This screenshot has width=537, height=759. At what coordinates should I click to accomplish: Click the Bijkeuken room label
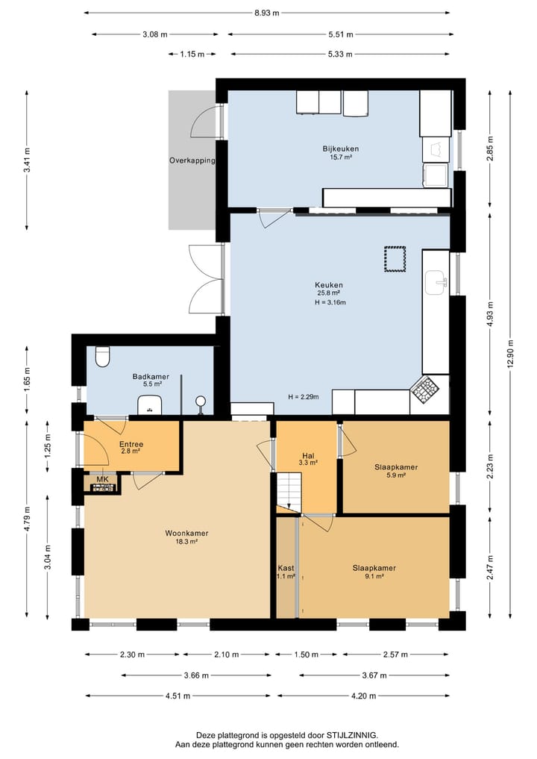341,149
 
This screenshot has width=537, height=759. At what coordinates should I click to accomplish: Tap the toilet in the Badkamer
103,356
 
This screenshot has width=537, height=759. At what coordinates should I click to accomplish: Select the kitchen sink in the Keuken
436,283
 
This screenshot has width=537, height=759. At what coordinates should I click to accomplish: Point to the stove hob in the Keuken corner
425,389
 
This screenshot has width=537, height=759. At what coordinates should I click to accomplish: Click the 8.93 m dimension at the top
266,13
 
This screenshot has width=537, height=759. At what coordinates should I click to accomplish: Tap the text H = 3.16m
330,302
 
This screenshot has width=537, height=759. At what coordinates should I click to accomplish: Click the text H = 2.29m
304,397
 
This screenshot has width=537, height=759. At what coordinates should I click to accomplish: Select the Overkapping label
192,160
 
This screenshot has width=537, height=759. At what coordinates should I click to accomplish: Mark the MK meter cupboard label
102,479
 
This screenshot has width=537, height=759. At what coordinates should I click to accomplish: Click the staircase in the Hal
289,491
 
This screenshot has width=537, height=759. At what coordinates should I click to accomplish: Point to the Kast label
286,568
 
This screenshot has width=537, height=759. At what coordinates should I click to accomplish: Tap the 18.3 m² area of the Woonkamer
186,542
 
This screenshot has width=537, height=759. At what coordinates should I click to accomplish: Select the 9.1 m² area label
374,576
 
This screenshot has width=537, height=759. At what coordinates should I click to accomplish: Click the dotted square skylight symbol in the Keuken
395,259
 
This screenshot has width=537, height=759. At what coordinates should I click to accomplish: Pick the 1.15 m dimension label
192,54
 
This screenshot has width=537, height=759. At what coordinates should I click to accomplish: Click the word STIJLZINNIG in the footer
353,735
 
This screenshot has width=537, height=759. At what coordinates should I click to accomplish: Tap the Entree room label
131,444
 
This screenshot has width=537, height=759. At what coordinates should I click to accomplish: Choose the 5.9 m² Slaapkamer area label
396,475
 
